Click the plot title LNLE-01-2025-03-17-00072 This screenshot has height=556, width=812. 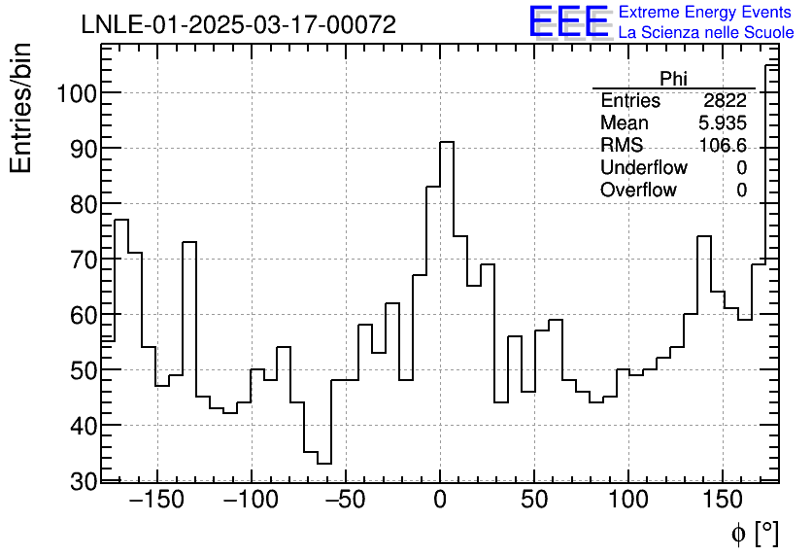tap(238, 25)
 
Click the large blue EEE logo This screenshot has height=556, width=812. tap(568, 21)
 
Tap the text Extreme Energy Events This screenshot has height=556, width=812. tap(704, 13)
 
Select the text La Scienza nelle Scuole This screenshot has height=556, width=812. tap(706, 32)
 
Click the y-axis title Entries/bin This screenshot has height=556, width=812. tap(21, 109)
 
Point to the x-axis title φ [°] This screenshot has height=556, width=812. tap(754, 534)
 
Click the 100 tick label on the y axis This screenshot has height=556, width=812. tap(76, 93)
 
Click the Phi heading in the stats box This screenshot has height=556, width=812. tap(673, 78)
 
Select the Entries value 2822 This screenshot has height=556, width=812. tap(725, 101)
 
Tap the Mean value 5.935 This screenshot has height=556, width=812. tap(722, 123)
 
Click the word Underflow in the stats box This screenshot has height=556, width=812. tap(643, 168)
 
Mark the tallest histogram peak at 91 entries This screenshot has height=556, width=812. tap(447, 143)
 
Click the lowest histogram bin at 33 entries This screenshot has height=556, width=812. tap(324, 464)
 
